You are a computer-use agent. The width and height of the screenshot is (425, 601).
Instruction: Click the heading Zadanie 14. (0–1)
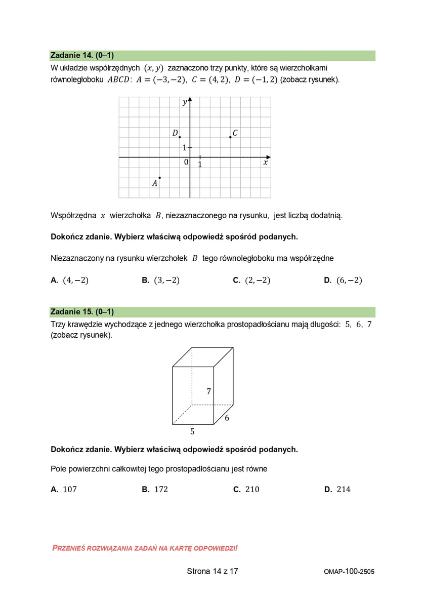coord(81,56)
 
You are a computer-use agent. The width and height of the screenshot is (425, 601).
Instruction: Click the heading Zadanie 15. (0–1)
coord(81,311)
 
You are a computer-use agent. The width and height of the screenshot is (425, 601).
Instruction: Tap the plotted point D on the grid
coord(180,137)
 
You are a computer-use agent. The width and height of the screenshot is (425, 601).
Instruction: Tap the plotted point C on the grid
coord(230,137)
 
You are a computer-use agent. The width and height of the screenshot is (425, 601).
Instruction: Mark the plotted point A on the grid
coord(159,178)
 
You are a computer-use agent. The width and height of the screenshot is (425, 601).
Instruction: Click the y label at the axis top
coord(184,102)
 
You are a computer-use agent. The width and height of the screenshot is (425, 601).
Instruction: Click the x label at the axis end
coord(265,163)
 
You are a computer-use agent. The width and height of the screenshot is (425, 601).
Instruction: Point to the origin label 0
coord(186,162)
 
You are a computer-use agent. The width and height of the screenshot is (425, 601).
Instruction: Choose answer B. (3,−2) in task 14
coord(161,280)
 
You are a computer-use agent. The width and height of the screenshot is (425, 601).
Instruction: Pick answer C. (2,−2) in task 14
coord(251,280)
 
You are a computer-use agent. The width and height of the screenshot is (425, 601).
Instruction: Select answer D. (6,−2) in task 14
coord(343,280)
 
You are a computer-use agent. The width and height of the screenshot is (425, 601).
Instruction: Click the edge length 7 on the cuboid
coord(208,391)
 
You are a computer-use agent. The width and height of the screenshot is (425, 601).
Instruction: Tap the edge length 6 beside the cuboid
coord(227,418)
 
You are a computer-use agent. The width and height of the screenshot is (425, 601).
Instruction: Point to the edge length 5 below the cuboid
coord(192,432)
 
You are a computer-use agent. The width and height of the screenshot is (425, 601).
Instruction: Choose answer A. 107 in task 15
coord(64,489)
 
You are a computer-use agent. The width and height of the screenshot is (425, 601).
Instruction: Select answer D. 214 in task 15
coord(337,489)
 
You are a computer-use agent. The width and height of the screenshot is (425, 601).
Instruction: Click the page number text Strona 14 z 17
coord(212,571)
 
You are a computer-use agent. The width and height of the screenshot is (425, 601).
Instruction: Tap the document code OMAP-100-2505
coord(349,572)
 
